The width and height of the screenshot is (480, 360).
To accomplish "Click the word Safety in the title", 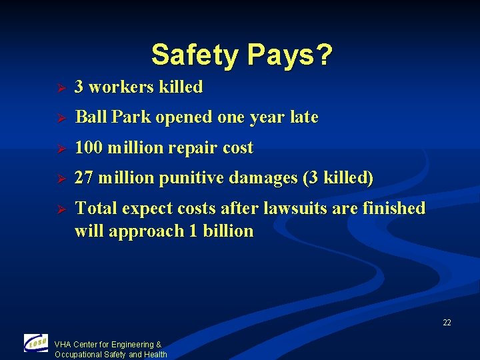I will (190, 55).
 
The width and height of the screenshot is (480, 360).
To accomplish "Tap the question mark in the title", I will (323, 55).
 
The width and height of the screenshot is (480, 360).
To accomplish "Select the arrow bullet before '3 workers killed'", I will (59, 88).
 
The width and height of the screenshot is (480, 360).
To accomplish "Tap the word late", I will (303, 117).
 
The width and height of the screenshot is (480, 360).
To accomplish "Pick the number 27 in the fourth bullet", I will (83, 178).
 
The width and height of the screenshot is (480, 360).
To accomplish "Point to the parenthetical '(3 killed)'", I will (338, 179).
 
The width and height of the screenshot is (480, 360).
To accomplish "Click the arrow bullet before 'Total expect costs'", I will (59, 209).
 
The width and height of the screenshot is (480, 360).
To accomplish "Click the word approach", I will (138, 232).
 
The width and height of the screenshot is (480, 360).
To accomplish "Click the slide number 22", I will (447, 323).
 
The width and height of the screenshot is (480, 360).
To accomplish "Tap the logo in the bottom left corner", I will (35, 343).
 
